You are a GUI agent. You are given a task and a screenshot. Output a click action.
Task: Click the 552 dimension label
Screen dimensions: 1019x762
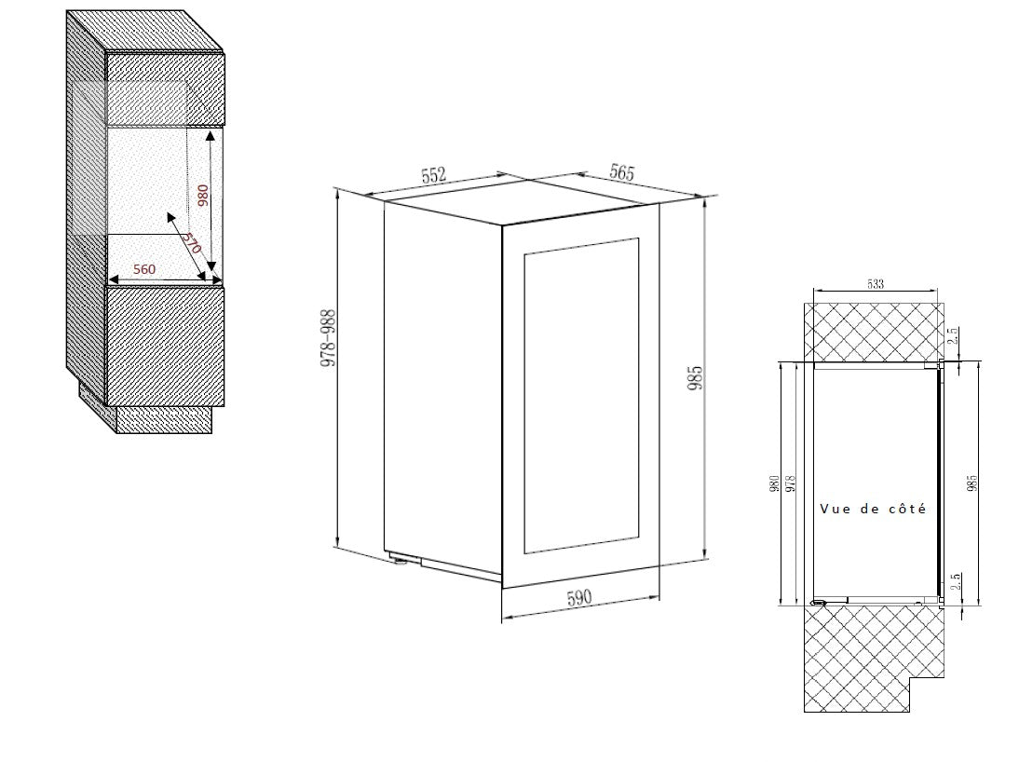tap(434, 175)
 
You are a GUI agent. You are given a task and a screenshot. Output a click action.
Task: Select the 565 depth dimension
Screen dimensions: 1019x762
tap(621, 172)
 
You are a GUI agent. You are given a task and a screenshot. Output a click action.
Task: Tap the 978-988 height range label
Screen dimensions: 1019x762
tap(329, 338)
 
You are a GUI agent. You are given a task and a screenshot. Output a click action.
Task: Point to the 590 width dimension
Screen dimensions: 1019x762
tap(579, 597)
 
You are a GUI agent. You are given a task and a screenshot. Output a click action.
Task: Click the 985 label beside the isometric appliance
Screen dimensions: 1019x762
tap(696, 378)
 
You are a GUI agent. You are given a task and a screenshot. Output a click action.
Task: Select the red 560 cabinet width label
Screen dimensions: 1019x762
tap(144, 269)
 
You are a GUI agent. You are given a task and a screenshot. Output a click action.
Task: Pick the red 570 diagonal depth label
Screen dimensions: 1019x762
tap(191, 243)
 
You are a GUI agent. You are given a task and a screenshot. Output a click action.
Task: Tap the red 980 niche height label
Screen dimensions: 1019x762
tap(203, 195)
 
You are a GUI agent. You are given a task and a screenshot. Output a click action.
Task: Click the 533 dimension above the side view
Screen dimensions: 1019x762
tap(876, 284)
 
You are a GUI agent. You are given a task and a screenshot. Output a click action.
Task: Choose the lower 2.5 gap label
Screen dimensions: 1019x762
tap(955, 581)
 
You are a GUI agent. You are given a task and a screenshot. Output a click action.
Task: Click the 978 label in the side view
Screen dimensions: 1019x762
tap(791, 483)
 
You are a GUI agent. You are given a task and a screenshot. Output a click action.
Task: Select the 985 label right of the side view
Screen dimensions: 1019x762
tap(972, 483)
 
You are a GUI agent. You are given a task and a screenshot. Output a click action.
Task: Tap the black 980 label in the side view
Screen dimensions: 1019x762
tap(774, 483)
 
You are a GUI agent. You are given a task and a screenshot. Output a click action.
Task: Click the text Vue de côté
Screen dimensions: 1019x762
tap(873, 509)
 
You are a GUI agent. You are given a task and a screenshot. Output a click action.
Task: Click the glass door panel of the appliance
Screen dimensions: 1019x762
tap(581, 395)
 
